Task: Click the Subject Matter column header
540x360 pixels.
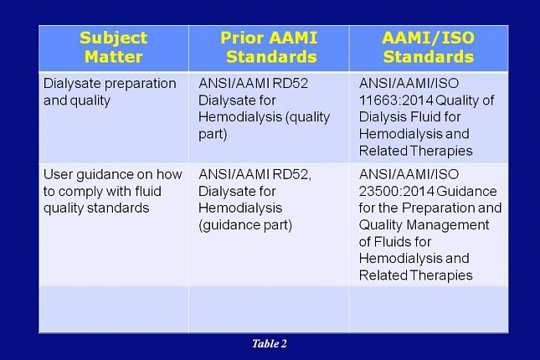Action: coord(113,47)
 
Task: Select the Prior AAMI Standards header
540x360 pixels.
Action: coord(269,47)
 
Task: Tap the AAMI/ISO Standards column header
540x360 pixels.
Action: coord(429,47)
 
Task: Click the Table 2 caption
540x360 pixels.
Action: coord(270,343)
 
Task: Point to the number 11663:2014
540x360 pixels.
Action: coord(395,100)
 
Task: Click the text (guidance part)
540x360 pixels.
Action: coord(245,225)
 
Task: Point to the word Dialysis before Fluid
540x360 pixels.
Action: coord(380,117)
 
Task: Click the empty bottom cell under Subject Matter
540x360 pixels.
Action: coord(114,310)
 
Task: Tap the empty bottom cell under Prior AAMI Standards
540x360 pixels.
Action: coord(269,310)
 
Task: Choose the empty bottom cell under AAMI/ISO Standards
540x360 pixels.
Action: coord(429,310)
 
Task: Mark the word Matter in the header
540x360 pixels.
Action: coord(113,57)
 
